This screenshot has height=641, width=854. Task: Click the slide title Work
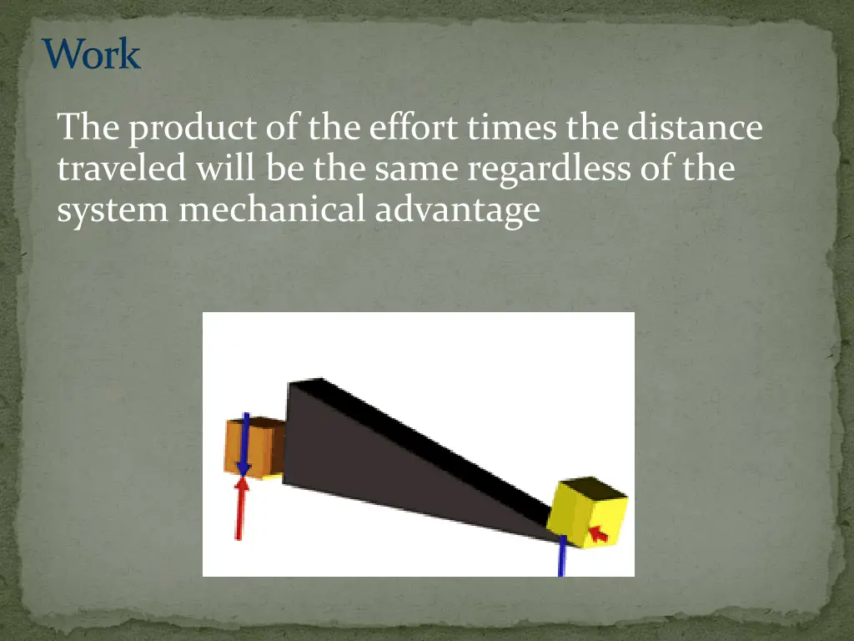pos(92,55)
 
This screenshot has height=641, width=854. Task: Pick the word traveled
pos(122,169)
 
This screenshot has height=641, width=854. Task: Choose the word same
pos(418,169)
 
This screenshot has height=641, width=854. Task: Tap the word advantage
pos(457,210)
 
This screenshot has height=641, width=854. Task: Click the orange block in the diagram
pos(253,447)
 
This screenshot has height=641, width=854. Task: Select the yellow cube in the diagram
pos(588,516)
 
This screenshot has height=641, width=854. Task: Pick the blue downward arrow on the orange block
pos(244,442)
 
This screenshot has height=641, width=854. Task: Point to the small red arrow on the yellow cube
pos(598,531)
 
